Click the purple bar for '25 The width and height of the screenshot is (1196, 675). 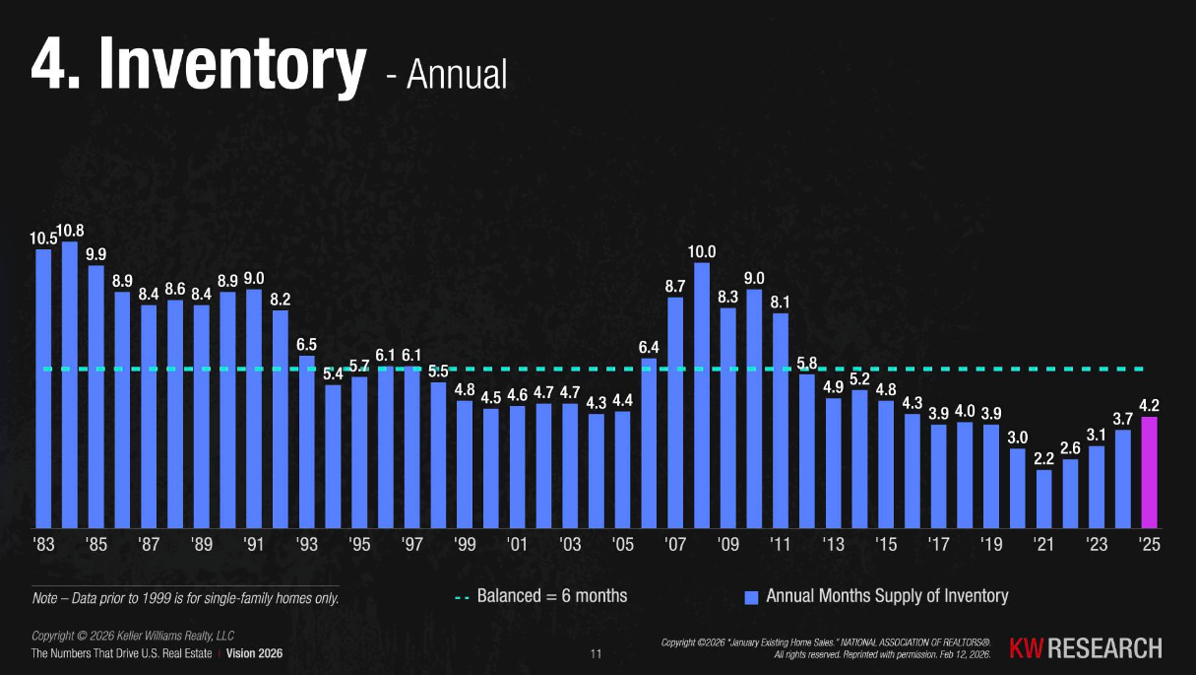coord(1149,473)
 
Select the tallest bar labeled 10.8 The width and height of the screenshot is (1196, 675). coord(70,384)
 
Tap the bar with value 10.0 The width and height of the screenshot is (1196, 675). coord(702,394)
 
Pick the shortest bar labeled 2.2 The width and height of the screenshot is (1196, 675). coord(1043,499)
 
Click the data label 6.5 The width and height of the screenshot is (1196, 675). coord(306,345)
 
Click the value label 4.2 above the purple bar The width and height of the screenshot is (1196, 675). coord(1149,405)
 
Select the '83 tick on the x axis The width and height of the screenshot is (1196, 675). coord(44,545)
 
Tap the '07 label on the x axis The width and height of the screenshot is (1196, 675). coord(675,545)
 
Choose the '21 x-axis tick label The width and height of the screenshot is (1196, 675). coord(1043,545)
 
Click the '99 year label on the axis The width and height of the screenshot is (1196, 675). coord(465,545)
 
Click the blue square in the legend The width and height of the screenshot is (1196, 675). coord(751,597)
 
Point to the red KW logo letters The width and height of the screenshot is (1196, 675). coord(1027,648)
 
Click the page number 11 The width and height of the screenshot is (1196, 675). coord(595,654)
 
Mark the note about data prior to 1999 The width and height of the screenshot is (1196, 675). coord(186,597)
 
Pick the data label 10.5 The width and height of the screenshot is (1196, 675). coord(43,237)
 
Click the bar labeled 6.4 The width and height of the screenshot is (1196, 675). coord(649,443)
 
